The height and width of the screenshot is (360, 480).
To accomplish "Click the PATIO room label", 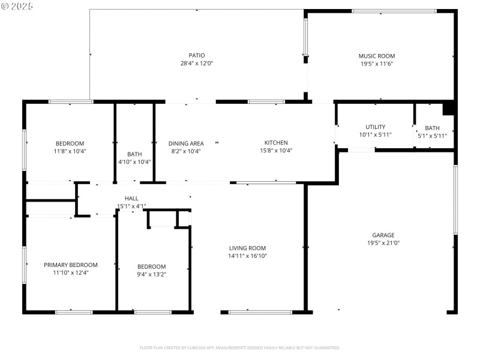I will [x=197, y=55].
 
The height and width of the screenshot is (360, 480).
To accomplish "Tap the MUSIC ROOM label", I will [x=377, y=56].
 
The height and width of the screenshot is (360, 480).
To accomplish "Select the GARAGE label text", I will [x=383, y=235].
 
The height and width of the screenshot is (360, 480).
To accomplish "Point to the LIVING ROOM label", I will [x=247, y=248].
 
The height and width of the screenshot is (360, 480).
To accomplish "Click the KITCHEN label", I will [x=276, y=143].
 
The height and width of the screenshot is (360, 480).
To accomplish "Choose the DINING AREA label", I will [x=186, y=143].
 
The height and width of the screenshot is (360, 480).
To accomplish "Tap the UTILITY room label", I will [x=375, y=127].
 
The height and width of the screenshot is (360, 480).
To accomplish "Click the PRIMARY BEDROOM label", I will [x=70, y=265].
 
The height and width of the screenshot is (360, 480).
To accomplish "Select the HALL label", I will [x=131, y=198].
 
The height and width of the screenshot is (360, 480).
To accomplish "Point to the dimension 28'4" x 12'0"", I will [x=197, y=63].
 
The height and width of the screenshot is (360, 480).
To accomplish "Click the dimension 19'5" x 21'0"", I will [x=383, y=243].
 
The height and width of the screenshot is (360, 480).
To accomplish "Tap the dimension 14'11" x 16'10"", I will [x=247, y=256].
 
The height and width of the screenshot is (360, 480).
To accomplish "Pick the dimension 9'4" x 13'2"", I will [x=151, y=274].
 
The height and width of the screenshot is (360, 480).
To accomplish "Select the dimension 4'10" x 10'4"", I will [x=134, y=161].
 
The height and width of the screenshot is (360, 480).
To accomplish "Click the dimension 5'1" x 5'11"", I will [x=432, y=136].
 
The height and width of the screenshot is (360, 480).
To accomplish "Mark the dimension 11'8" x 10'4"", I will [x=70, y=151].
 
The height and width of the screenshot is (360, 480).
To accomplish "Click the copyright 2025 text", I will [x=18, y=6].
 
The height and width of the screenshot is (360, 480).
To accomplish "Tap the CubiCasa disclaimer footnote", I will [x=240, y=347].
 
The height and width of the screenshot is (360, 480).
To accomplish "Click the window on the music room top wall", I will [x=394, y=11].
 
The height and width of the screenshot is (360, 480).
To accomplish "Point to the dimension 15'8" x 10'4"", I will [x=276, y=151].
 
